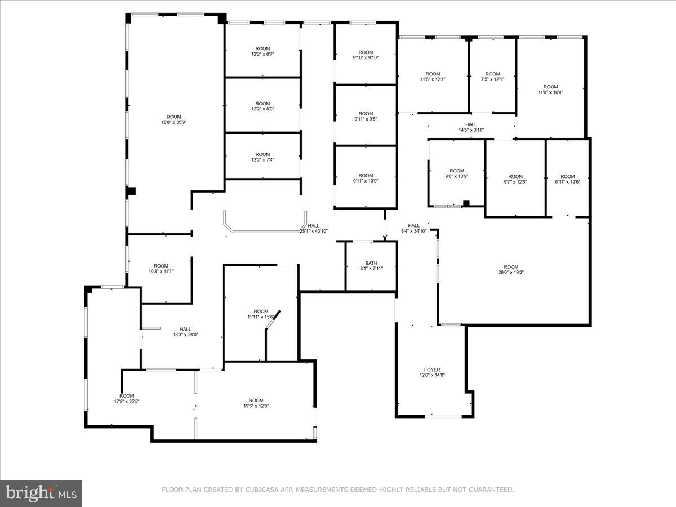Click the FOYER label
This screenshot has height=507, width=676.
432,370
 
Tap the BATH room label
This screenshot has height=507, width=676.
371,263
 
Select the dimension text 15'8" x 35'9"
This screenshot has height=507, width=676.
174,122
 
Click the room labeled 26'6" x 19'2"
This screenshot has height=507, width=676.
511,270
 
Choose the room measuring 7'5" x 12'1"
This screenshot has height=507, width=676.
492,77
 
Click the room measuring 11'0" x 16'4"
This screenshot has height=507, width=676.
550,90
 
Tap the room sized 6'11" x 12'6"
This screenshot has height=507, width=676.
567,179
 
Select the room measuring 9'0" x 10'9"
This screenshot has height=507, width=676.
457,174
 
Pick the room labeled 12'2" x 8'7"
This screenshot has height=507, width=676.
263,51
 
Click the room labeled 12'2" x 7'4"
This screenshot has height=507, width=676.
263,157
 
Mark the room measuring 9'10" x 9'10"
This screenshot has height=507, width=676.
366,55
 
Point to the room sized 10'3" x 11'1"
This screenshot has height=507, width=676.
161,269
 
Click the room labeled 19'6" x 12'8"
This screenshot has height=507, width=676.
256,403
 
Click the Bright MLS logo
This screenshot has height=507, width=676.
41,493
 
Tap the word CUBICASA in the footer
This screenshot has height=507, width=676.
261,490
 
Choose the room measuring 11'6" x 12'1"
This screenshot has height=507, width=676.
433,77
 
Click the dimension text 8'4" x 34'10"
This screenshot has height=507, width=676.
414,231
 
